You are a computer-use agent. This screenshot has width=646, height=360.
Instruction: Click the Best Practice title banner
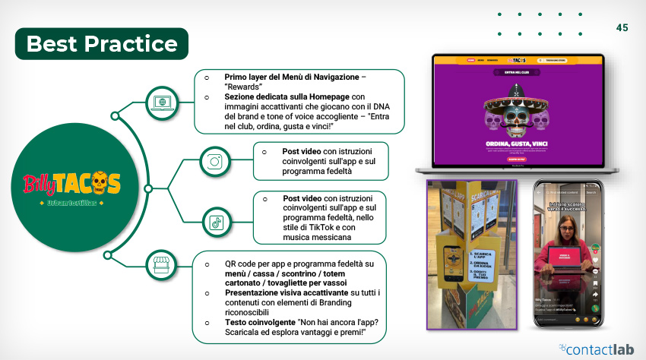point(102,44)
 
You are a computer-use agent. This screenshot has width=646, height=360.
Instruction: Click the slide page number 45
point(622,27)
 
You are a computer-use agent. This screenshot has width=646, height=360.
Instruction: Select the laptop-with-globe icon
point(160,101)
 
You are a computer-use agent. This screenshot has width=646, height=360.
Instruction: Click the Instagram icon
point(215,161)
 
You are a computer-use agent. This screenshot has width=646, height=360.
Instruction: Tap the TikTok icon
point(216,222)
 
